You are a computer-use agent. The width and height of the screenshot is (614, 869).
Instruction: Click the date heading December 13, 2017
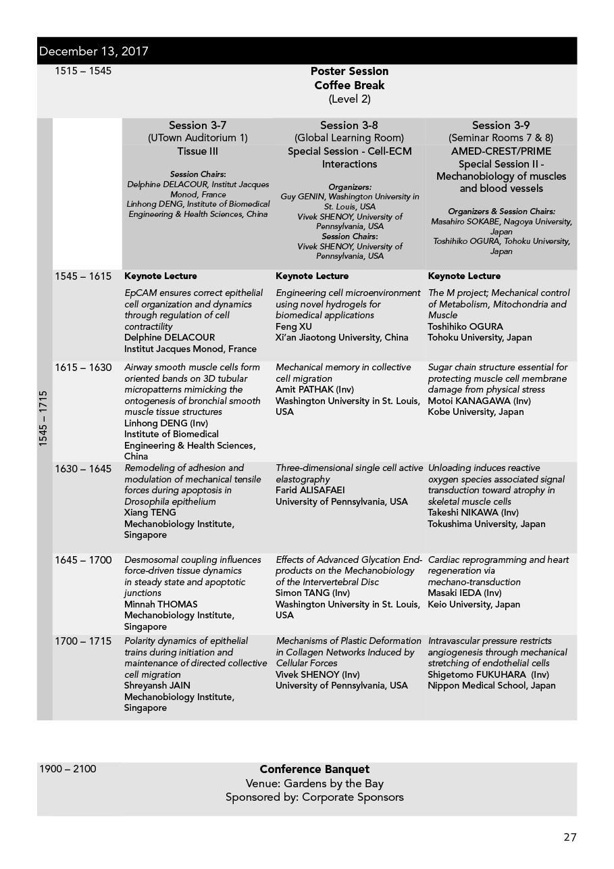click(x=94, y=51)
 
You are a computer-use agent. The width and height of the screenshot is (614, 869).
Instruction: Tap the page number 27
click(x=569, y=837)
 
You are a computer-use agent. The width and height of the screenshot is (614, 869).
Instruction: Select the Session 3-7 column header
click(x=197, y=125)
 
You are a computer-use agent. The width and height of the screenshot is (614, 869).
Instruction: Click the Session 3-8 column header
click(x=349, y=125)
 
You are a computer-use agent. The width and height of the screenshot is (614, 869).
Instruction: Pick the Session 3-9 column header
click(x=501, y=125)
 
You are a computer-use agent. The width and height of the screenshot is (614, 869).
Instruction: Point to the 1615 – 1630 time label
click(x=83, y=368)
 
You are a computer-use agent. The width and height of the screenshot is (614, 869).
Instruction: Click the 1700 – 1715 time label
click(x=83, y=641)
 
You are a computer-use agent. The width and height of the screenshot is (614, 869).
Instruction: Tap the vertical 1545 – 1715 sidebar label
click(x=44, y=418)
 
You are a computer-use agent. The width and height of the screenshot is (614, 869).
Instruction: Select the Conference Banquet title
click(x=314, y=770)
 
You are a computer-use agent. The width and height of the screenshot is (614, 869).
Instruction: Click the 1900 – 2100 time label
click(x=68, y=769)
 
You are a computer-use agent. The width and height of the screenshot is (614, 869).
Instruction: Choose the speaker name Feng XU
click(x=294, y=326)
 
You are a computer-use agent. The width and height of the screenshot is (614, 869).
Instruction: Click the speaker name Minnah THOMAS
click(x=161, y=604)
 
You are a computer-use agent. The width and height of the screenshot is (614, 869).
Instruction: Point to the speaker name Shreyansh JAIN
click(x=157, y=685)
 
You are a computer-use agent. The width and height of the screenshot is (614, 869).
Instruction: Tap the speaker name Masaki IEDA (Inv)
click(x=465, y=593)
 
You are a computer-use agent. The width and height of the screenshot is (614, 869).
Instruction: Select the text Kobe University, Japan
click(x=476, y=412)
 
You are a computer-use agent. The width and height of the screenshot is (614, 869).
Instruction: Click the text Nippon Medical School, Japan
click(x=492, y=685)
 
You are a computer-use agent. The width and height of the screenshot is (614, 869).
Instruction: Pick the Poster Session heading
click(x=349, y=71)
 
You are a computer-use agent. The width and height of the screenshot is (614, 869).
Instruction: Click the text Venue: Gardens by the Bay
click(x=314, y=784)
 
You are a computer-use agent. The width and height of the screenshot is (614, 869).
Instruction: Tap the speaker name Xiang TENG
click(x=150, y=512)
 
